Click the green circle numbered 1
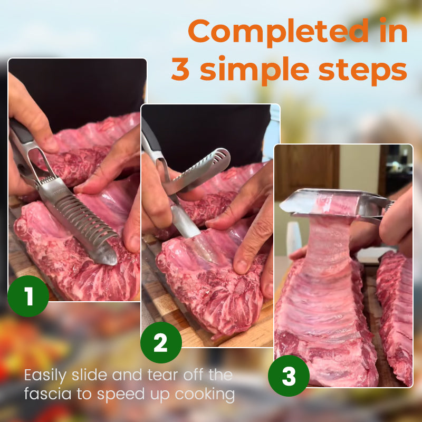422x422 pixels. [28, 296]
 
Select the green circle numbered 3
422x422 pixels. [289, 376]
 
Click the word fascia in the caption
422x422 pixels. [49, 394]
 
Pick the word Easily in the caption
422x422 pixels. [50, 376]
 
